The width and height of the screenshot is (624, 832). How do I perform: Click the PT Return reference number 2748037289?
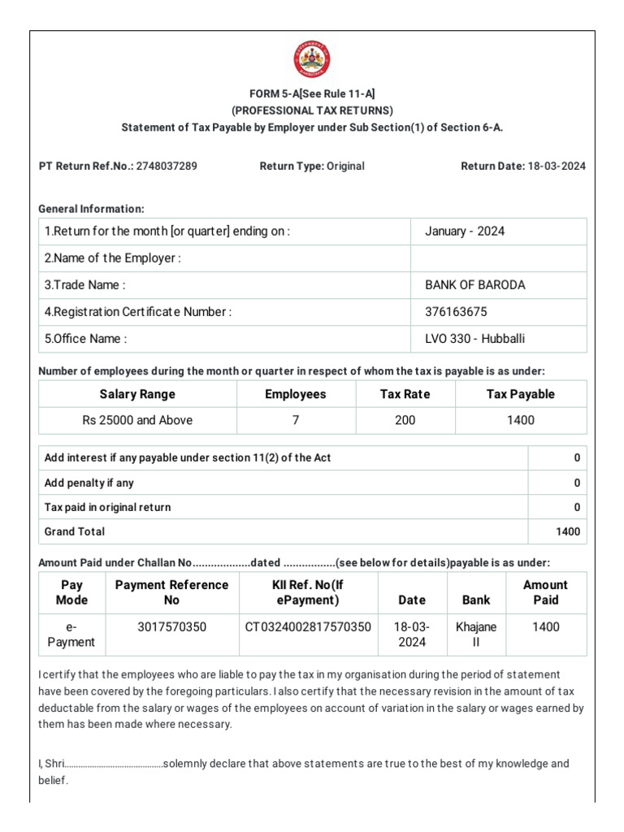(x=167, y=167)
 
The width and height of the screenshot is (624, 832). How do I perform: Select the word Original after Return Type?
(x=345, y=167)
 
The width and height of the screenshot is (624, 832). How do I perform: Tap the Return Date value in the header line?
(x=556, y=167)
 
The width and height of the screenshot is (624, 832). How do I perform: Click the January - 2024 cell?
(x=465, y=232)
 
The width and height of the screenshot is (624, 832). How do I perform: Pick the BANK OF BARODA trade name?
(x=475, y=285)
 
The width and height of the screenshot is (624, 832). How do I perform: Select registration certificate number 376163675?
(x=457, y=312)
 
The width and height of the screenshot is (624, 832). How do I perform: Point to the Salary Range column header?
(x=137, y=394)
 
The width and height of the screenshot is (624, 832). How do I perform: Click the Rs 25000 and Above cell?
(x=137, y=421)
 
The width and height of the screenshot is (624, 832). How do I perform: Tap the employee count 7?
(x=296, y=421)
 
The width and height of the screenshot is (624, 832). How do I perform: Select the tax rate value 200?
(x=405, y=421)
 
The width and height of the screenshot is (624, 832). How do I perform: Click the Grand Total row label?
(x=75, y=532)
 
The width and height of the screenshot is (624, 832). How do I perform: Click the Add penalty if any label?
(x=89, y=483)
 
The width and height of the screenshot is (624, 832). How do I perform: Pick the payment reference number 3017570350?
(x=171, y=627)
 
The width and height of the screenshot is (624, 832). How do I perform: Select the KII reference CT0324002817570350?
(x=308, y=627)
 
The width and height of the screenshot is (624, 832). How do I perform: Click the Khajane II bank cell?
(x=476, y=635)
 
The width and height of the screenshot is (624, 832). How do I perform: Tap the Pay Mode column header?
(x=71, y=592)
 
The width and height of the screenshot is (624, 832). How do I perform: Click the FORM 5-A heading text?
(x=312, y=93)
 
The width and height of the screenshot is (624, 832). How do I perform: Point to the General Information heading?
(x=92, y=209)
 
